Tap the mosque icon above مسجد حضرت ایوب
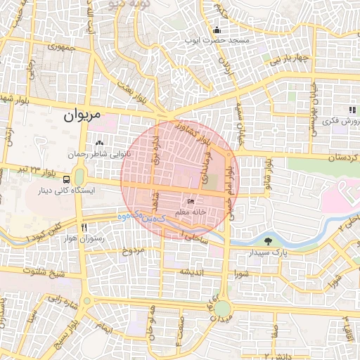point(217,30)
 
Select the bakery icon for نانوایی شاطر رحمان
point(98,144)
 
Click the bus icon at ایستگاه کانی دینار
point(66,179)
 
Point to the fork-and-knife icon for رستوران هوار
point(84,227)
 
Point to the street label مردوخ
point(132,250)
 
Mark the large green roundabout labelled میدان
point(223,309)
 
